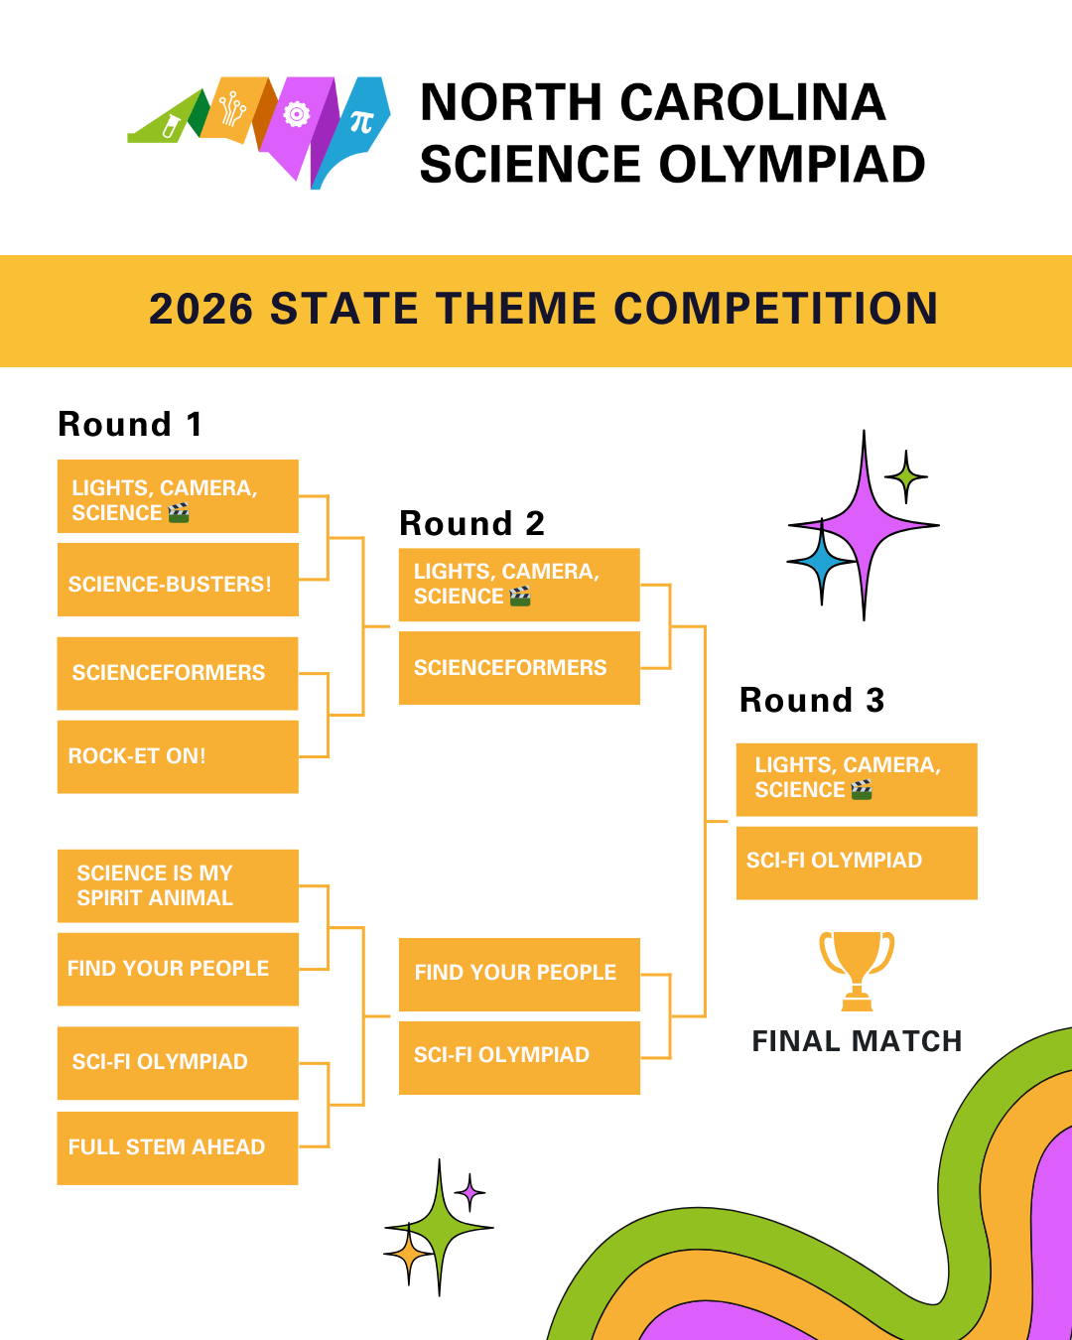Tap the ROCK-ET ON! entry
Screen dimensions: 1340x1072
178,756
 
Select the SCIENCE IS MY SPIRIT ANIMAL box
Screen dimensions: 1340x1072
178,885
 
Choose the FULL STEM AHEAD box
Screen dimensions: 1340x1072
178,1147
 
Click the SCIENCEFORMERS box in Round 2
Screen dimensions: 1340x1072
519,668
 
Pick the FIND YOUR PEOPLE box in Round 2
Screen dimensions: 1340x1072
519,973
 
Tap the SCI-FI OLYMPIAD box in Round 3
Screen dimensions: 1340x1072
857,862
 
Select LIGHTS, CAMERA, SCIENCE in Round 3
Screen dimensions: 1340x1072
857,778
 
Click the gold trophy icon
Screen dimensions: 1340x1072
856,969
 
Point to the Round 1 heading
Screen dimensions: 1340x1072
130,424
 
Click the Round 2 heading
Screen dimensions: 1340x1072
471,523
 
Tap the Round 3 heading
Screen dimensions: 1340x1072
812,700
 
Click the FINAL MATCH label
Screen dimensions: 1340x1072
857,1041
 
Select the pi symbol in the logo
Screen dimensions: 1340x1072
361,122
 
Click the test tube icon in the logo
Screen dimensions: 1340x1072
171,126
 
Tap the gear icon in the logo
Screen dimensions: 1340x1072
296,115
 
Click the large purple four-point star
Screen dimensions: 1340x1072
864,525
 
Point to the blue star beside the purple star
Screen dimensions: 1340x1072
821,562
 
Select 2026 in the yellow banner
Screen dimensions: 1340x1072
201,309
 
